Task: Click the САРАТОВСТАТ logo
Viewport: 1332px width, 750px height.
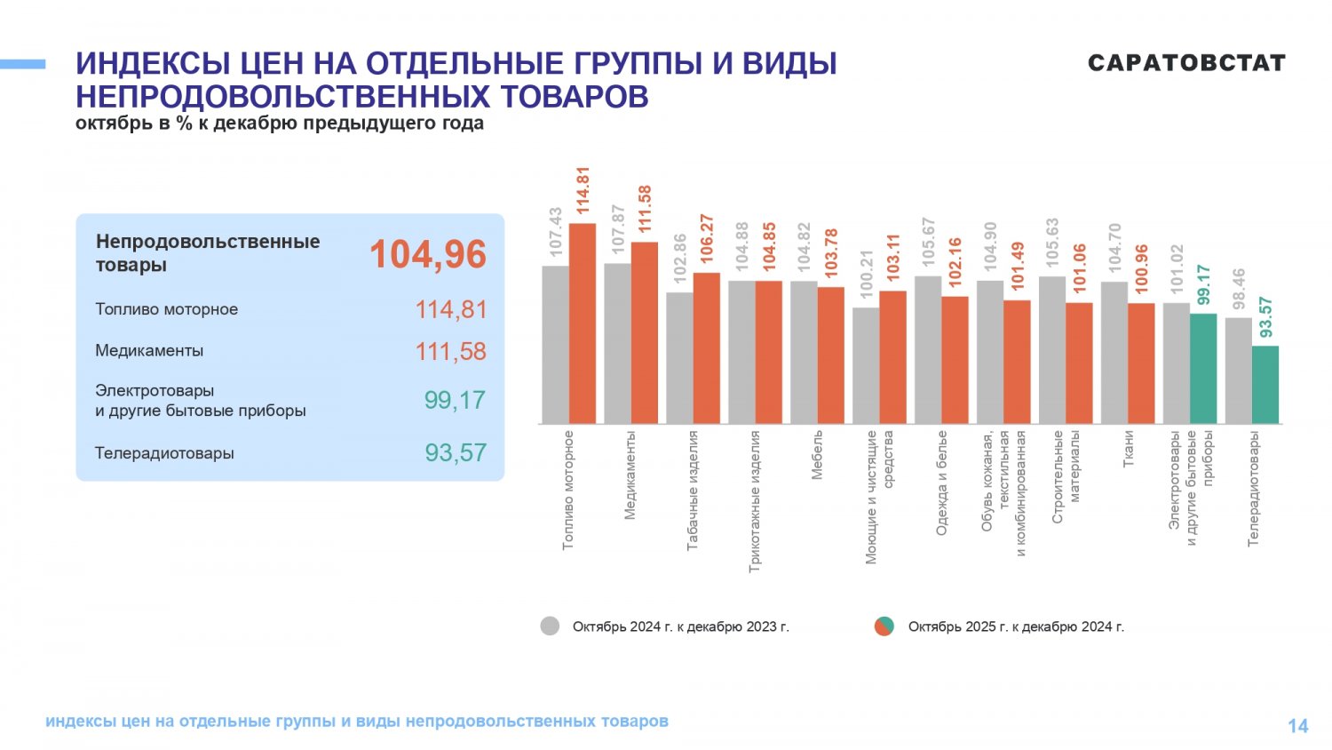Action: point(1186,63)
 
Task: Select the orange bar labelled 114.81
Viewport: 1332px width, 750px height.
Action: point(583,323)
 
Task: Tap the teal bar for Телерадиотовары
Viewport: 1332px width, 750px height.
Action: point(1265,385)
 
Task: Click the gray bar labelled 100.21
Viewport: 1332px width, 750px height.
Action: point(866,365)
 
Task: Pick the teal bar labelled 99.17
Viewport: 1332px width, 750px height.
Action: point(1203,368)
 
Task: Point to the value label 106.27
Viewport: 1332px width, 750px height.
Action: point(707,237)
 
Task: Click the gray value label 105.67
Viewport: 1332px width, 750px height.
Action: point(929,242)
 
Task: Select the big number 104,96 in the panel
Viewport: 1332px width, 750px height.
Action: point(428,254)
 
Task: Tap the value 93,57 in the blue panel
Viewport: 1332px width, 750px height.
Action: point(455,452)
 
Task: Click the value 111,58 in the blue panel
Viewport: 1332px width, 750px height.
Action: point(450,351)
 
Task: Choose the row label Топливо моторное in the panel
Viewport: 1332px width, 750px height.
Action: point(167,309)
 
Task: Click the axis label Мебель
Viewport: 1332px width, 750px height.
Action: point(817,455)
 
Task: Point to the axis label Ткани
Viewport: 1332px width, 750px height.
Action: point(1128,450)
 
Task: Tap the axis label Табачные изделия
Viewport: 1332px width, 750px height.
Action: point(693,490)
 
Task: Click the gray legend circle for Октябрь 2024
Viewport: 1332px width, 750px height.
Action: point(550,626)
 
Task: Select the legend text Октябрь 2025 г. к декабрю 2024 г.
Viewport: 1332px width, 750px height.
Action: point(1016,626)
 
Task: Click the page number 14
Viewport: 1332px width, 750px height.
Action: point(1297,726)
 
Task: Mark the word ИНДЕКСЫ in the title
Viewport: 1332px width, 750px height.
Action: point(148,64)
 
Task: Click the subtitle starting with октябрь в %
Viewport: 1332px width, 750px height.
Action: point(280,124)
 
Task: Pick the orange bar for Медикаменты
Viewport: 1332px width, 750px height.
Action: point(645,332)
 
